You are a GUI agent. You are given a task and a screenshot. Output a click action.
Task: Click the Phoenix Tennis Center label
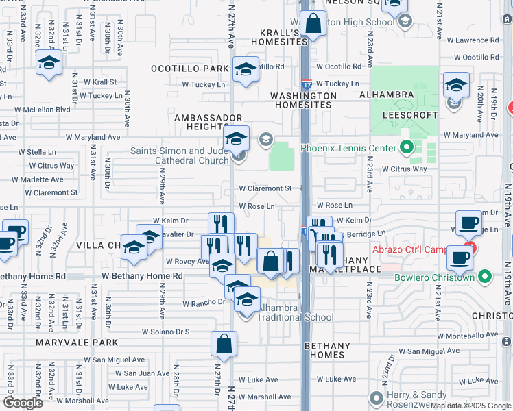(348, 148)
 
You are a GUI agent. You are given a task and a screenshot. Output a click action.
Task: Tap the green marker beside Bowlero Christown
(485, 277)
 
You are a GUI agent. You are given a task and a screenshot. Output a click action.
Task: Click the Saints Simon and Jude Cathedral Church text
(181, 155)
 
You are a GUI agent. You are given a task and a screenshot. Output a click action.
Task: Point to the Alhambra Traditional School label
(295, 317)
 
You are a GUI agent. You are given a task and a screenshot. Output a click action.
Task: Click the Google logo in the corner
(23, 402)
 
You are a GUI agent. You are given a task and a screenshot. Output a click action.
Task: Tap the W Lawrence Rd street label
(477, 40)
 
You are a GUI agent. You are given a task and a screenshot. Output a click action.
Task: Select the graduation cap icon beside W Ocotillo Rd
(246, 68)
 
